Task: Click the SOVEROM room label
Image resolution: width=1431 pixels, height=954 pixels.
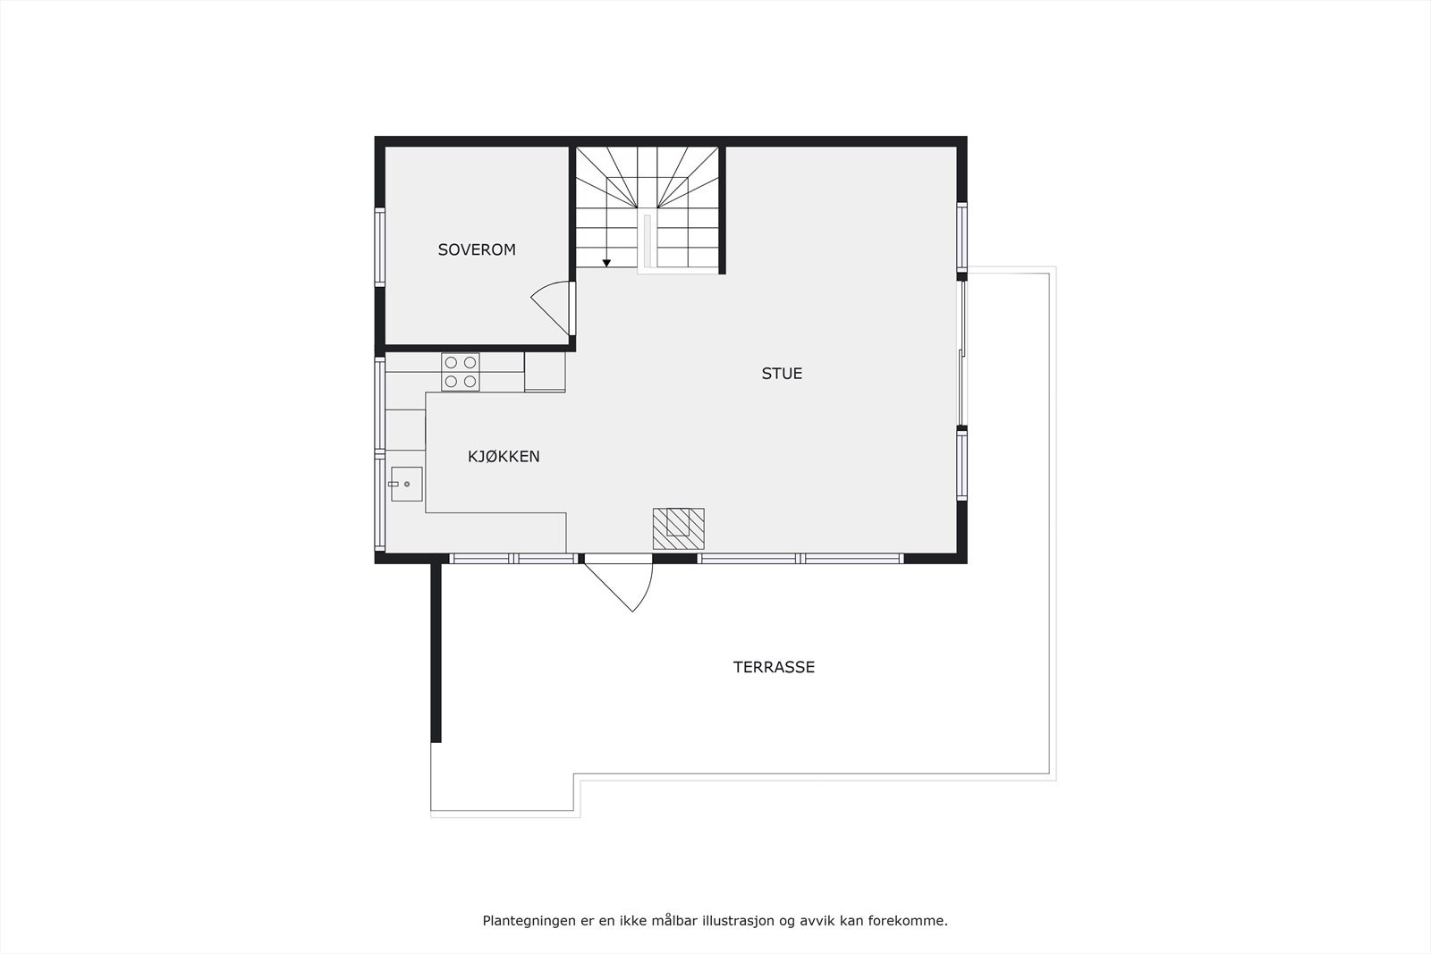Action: [x=477, y=250]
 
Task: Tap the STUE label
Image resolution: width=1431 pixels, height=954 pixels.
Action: [x=782, y=374]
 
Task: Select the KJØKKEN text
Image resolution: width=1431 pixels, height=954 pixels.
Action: [x=504, y=457]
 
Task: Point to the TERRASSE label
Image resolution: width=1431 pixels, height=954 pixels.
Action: [x=774, y=667]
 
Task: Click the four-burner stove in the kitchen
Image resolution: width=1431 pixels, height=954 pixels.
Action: [x=461, y=372]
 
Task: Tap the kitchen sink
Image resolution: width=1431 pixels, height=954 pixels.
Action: [x=406, y=484]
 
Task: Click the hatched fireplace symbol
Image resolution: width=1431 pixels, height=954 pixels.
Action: [x=678, y=528]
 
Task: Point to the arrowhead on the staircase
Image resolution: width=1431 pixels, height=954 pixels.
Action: [x=606, y=263]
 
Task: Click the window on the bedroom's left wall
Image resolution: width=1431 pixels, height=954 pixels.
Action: [x=379, y=248]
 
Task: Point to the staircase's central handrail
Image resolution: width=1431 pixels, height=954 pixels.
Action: [x=646, y=241]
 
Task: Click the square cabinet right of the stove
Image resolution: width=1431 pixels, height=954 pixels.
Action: [x=545, y=372]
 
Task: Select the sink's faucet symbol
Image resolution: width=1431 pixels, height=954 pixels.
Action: [x=394, y=484]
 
